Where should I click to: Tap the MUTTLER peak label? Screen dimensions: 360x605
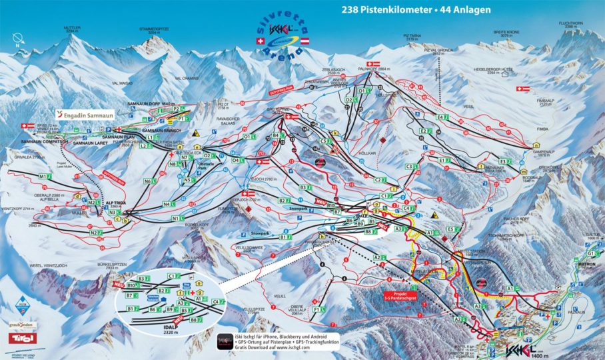72,29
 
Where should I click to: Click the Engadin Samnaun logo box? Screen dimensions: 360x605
86,114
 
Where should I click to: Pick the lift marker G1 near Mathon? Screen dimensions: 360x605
590,253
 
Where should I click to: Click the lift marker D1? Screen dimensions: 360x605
362,90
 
